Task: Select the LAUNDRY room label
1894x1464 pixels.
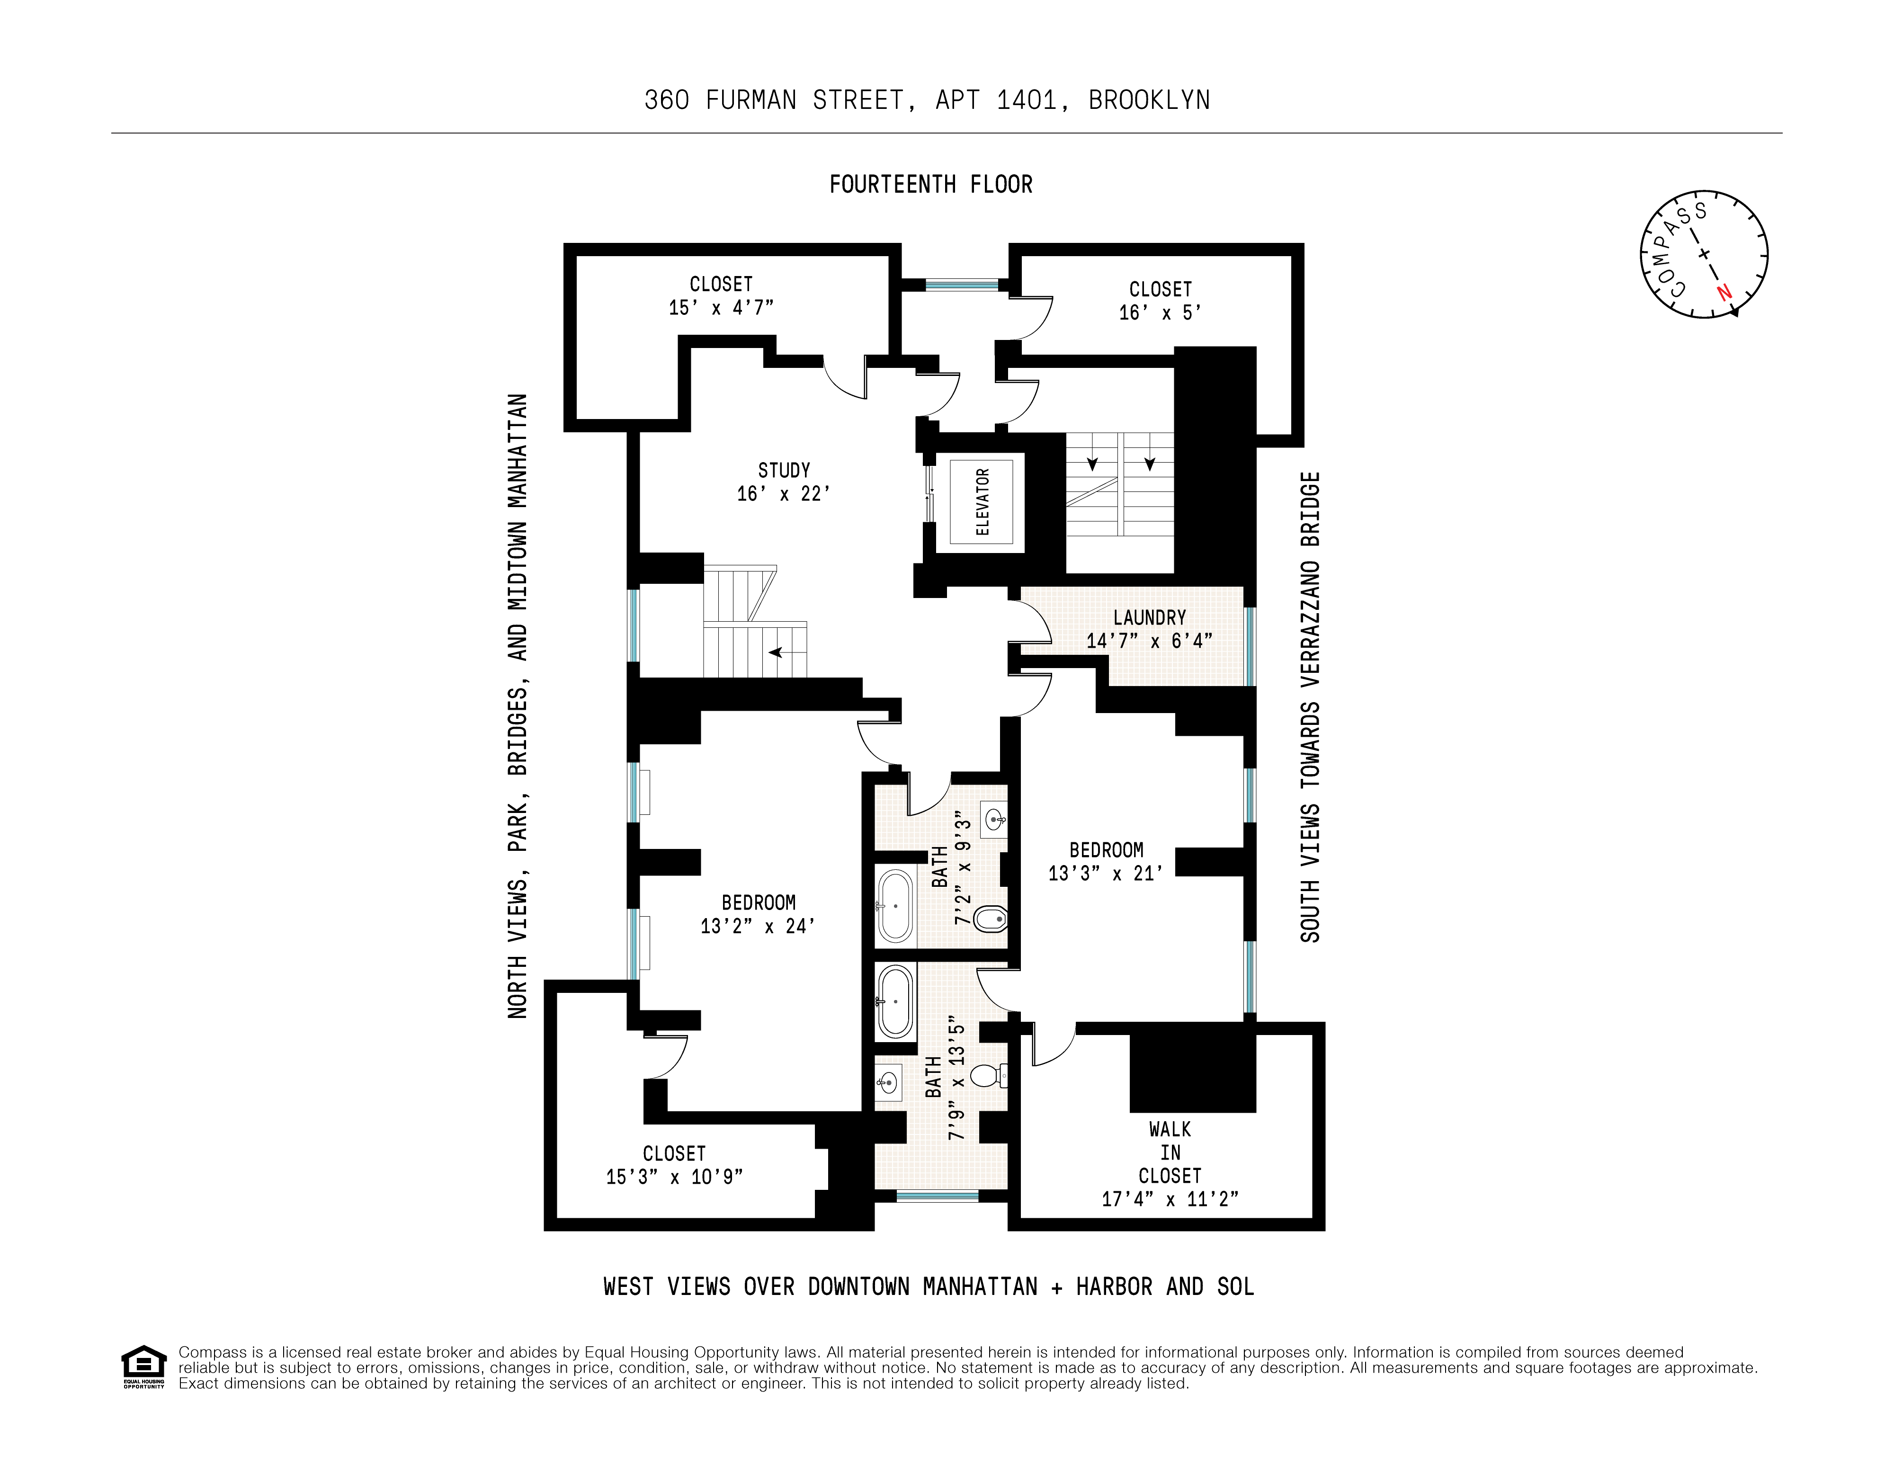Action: pyautogui.click(x=1149, y=617)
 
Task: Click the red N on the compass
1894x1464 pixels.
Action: pyautogui.click(x=1724, y=293)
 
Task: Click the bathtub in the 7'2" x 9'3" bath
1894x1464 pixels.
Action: pyautogui.click(x=895, y=906)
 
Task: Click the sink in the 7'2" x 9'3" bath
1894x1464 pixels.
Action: pyautogui.click(x=995, y=818)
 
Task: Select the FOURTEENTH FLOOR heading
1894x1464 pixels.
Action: pyautogui.click(x=930, y=185)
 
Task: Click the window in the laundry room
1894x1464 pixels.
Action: pyautogui.click(x=1250, y=646)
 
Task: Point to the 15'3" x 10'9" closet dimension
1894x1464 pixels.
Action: pyautogui.click(x=674, y=1177)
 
